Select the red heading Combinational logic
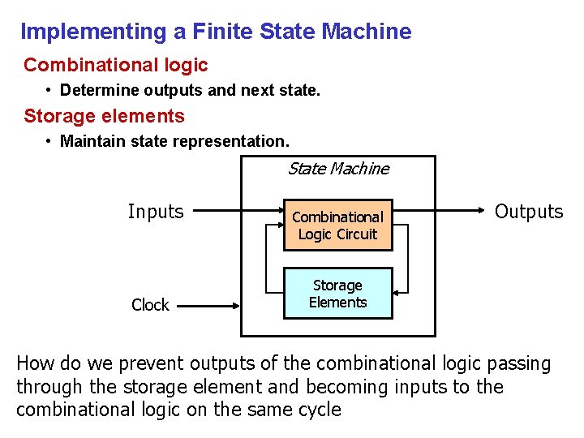116,65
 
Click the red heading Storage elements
105,116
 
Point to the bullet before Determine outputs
50,90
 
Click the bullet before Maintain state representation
50,141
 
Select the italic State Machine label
338,169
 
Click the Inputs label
156,212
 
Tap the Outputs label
528,212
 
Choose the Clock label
150,305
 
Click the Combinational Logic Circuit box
337,225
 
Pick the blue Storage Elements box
337,294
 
